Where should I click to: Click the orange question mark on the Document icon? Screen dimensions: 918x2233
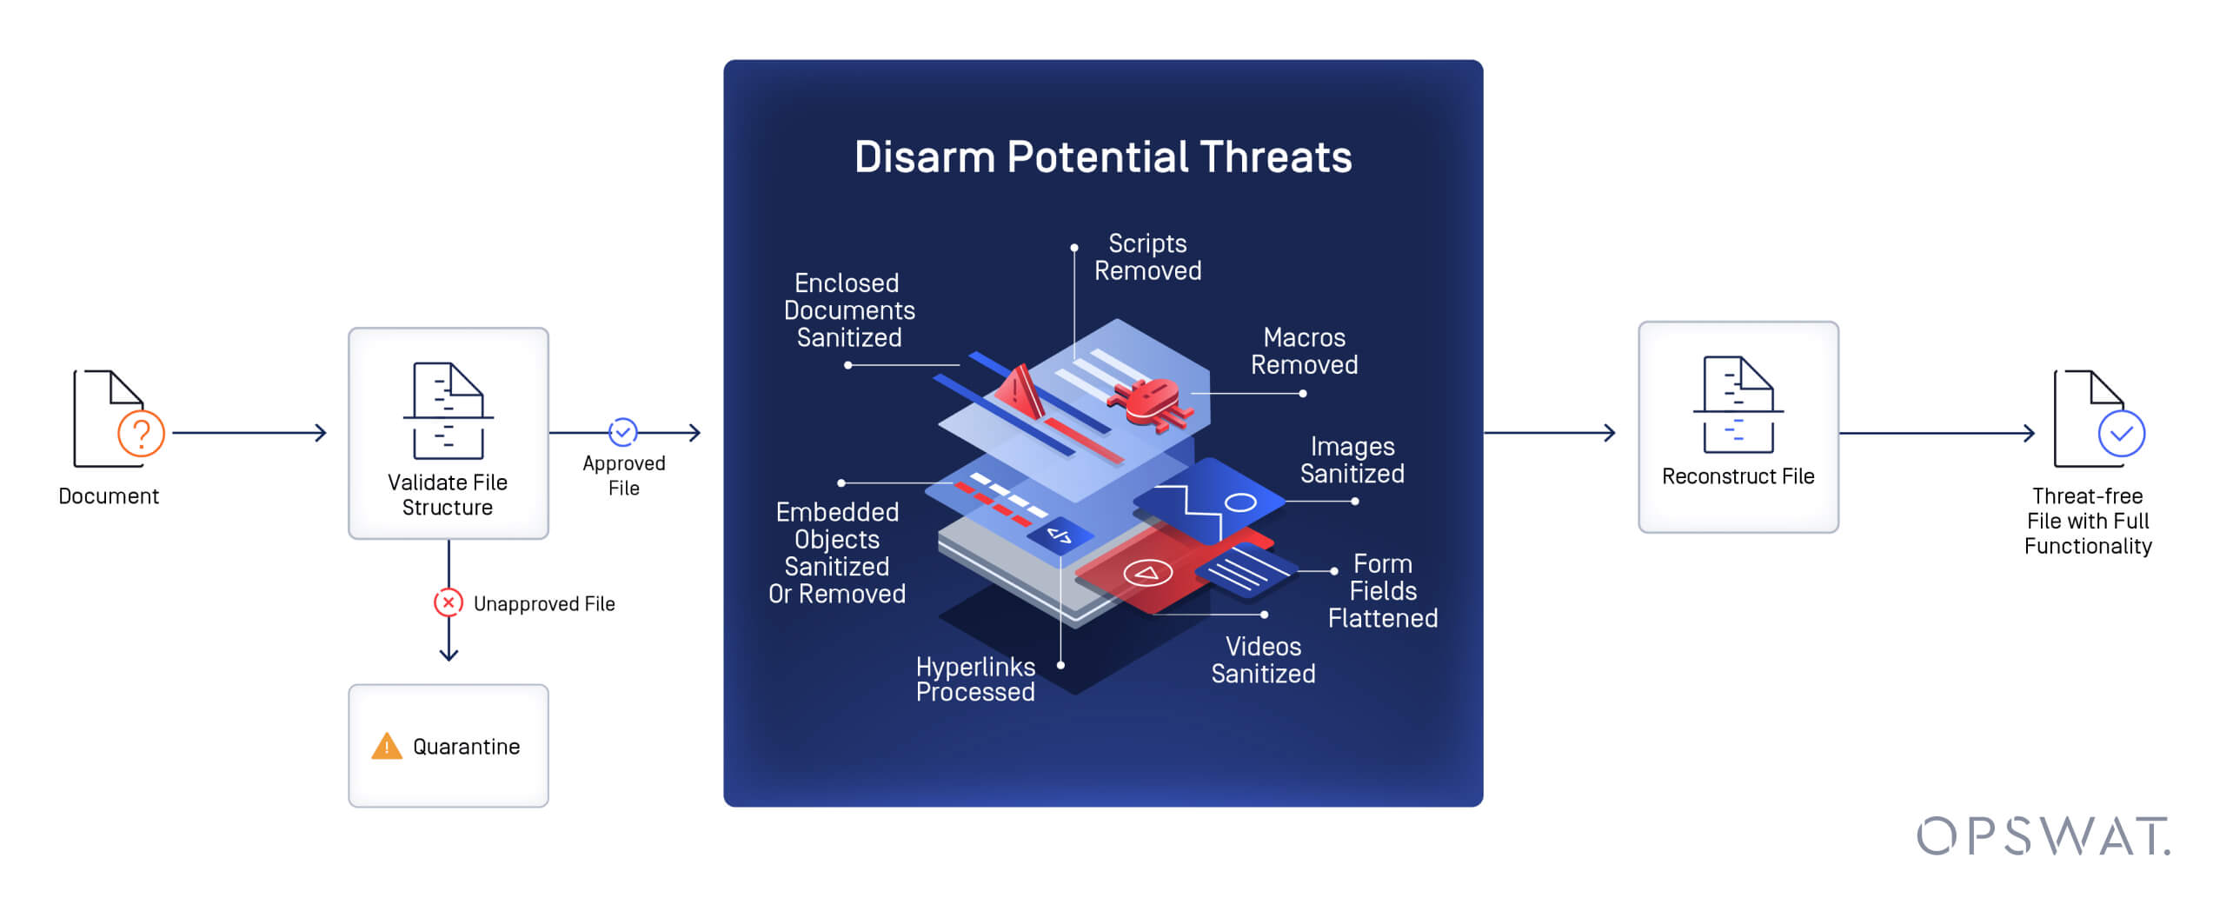141,432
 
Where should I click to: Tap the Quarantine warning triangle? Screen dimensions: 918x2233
386,746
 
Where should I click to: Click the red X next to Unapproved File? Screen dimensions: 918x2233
448,602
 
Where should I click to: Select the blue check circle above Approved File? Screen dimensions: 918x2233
622,431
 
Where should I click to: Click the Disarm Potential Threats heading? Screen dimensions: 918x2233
1102,157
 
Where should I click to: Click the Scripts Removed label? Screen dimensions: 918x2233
1146,257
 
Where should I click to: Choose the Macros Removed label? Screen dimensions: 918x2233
1303,351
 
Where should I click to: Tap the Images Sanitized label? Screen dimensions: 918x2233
1352,460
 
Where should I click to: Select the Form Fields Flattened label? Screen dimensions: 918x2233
1382,591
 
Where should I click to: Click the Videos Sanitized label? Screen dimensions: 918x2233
1262,660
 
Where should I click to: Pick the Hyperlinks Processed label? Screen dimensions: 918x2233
974,679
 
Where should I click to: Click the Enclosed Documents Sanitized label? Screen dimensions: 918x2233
848,310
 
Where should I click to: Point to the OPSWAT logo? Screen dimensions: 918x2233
2042,836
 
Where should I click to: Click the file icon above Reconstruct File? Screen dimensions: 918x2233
1738,404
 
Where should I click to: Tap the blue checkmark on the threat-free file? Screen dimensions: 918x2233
2121,434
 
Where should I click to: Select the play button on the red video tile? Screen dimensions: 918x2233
1147,573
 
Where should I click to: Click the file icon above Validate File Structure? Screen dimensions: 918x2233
448,410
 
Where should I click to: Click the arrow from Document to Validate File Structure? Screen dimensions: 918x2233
249,432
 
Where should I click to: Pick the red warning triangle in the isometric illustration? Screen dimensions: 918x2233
1020,394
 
